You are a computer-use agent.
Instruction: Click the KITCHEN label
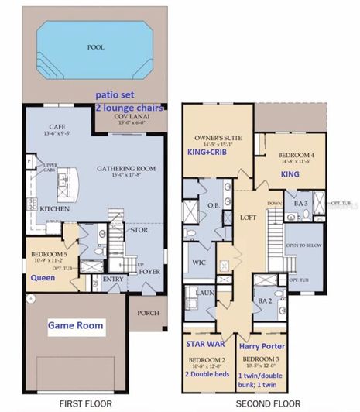50,210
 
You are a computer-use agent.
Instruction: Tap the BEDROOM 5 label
48,253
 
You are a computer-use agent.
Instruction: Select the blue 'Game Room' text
74,326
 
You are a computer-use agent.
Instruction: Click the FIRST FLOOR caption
85,403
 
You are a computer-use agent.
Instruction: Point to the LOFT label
248,218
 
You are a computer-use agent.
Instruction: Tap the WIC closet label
199,263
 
